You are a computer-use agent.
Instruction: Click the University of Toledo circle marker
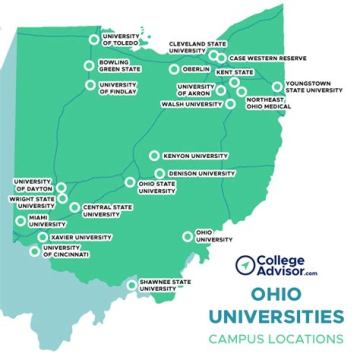click(93, 39)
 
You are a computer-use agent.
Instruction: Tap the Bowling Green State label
click(119, 65)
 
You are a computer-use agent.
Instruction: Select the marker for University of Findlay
click(90, 85)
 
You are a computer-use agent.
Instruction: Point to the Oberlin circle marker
click(174, 69)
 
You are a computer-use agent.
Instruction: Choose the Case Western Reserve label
click(267, 58)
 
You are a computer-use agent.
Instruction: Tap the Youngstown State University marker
click(277, 86)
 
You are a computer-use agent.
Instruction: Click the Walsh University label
click(191, 104)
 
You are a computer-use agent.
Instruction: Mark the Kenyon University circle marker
click(154, 156)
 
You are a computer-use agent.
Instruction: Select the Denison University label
click(201, 173)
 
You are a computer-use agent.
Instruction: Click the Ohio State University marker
click(130, 182)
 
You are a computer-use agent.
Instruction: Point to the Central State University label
click(101, 210)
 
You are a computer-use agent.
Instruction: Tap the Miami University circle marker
click(21, 220)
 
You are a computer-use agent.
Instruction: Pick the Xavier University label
click(81, 237)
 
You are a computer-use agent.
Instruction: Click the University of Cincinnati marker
click(34, 251)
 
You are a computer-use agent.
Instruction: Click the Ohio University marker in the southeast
click(187, 236)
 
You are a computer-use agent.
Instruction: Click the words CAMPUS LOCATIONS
click(276, 339)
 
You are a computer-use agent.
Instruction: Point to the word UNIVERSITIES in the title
click(276, 316)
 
